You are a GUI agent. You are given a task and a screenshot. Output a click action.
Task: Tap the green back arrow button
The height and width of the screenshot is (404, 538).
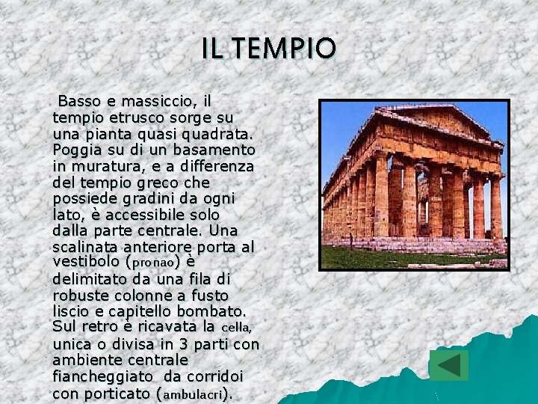[x=448, y=365]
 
